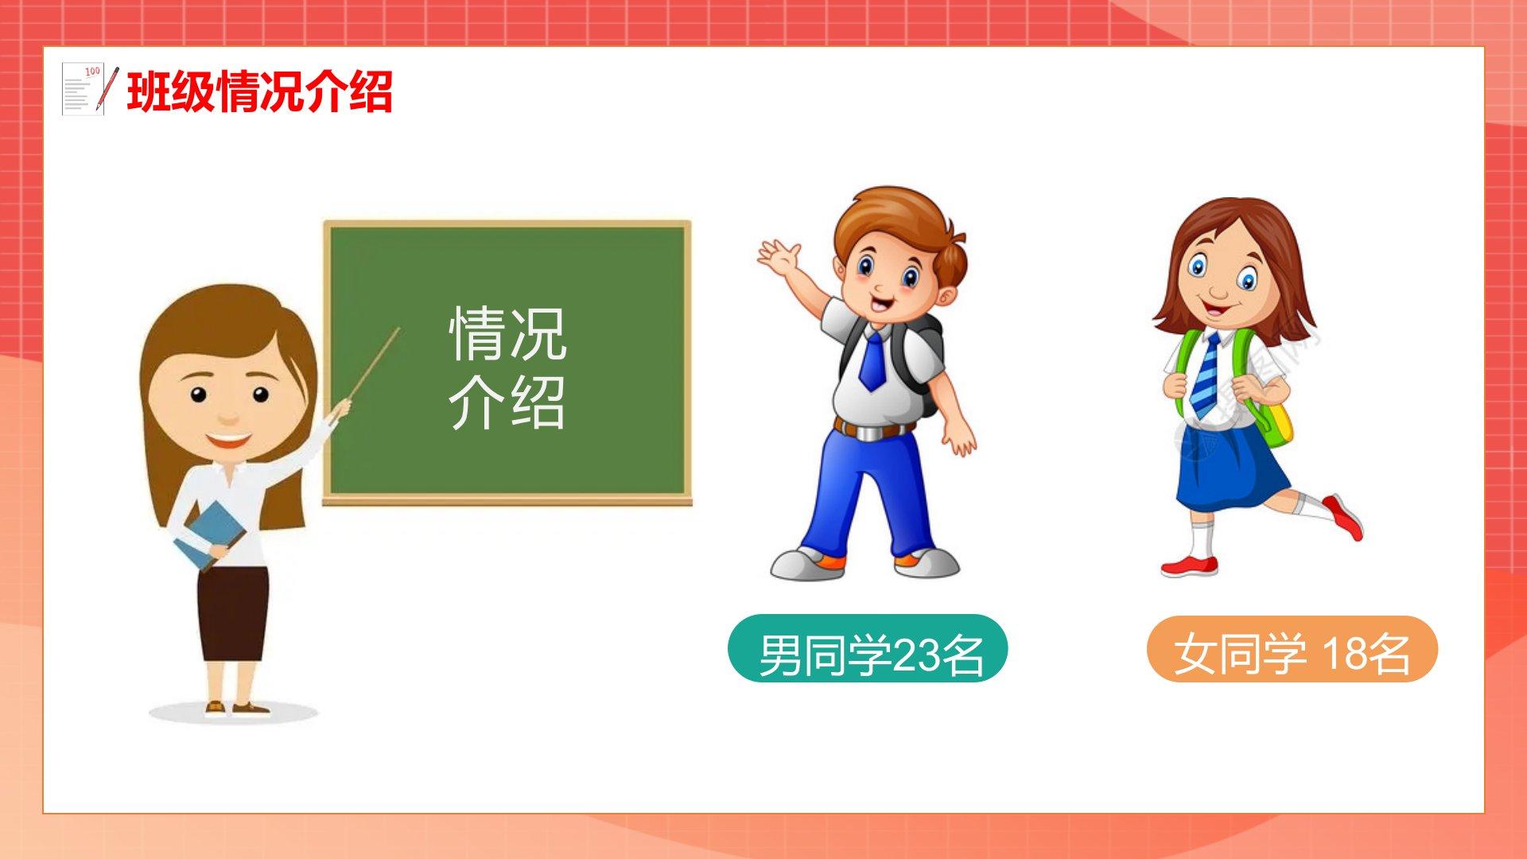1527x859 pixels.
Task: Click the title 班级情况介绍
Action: tap(259, 91)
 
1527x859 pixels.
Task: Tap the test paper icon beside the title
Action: tap(90, 89)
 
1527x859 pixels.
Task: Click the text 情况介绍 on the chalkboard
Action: tap(507, 367)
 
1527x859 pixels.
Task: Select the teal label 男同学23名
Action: tap(868, 649)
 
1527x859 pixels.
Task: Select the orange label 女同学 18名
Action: tap(1292, 649)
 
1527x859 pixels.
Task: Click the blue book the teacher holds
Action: tap(209, 534)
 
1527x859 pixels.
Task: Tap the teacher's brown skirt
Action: tap(233, 613)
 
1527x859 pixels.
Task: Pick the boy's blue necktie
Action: tap(872, 360)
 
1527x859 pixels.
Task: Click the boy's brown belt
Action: tap(872, 431)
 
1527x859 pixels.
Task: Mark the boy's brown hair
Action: tap(898, 227)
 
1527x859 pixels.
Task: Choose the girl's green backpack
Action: tap(1265, 398)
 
